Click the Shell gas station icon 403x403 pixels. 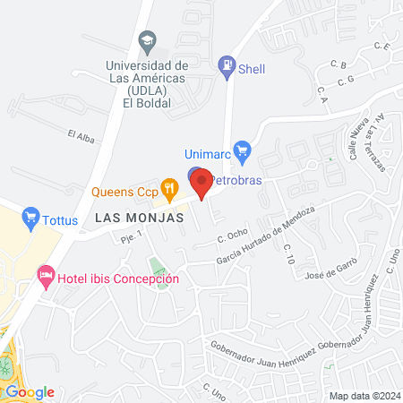tap(227, 64)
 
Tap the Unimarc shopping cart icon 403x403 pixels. tap(240, 150)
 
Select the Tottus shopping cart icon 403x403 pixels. tap(31, 216)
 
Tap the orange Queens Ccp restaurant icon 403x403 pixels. tap(167, 188)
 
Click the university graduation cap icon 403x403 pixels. tap(147, 41)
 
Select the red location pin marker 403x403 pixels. tap(202, 184)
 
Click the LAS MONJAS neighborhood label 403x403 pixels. tap(140, 218)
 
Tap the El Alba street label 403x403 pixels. tap(81, 135)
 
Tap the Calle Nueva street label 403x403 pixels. tap(357, 142)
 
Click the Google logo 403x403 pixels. tap(30, 391)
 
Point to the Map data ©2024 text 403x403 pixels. tap(362, 396)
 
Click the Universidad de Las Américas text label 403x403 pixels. tap(147, 79)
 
